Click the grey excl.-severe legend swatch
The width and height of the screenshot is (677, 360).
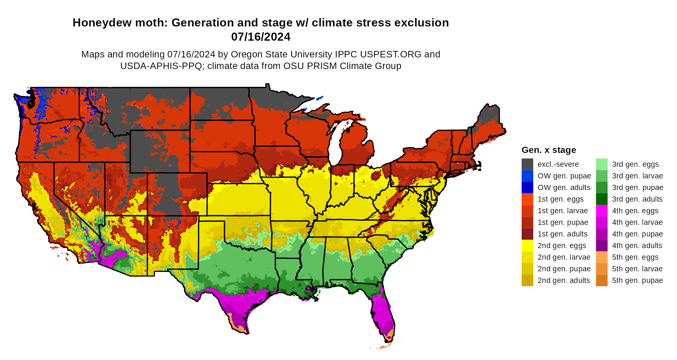527,164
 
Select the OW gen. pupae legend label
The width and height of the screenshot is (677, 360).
564,176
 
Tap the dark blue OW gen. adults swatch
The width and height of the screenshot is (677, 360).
527,187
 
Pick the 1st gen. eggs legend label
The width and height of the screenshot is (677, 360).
561,199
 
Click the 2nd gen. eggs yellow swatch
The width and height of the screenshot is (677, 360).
527,245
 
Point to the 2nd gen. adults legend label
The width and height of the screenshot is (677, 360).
564,280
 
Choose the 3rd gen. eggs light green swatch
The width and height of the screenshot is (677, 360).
602,164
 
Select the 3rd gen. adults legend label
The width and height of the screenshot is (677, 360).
637,199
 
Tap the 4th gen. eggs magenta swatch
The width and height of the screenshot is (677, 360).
602,211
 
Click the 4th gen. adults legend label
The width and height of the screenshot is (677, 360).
637,245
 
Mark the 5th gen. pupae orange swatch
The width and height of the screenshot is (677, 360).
602,280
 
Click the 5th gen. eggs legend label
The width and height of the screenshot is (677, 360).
635,257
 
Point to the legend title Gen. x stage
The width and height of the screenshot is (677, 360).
549,150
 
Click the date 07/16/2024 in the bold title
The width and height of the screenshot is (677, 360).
260,37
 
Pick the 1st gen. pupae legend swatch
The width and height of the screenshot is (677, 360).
527,222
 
